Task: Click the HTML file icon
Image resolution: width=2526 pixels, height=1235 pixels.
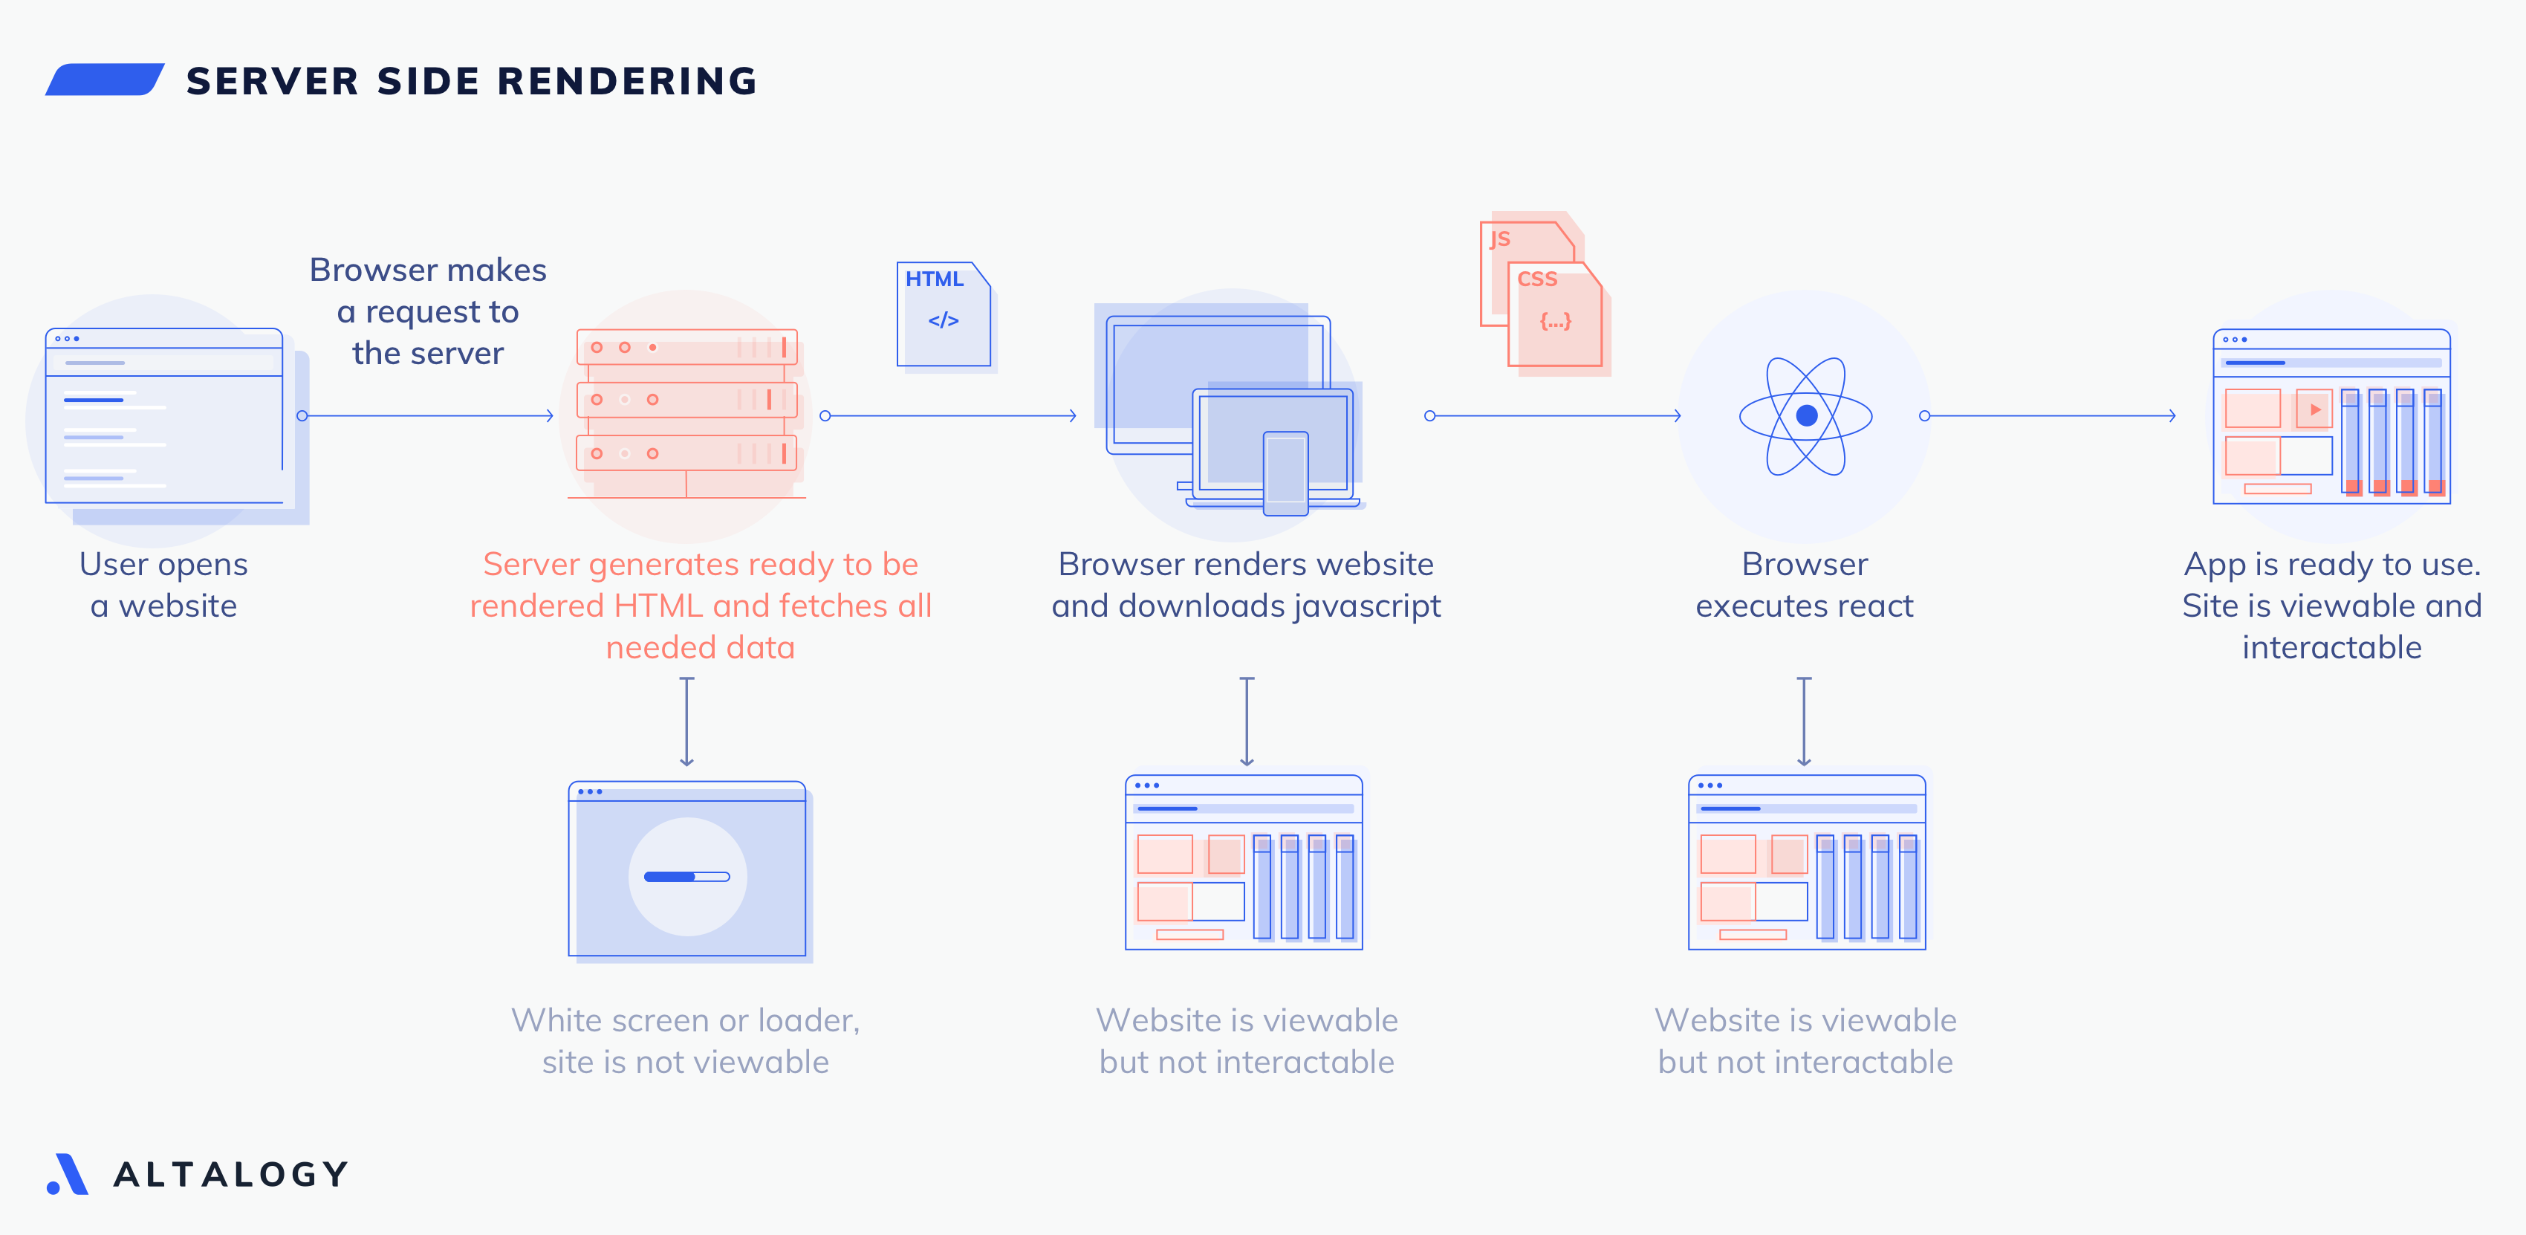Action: click(944, 314)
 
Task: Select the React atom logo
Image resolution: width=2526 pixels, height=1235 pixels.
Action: click(1805, 416)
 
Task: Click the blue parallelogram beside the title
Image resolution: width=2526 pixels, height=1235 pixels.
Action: click(105, 80)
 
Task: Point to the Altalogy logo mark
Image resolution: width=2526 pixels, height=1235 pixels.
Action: click(67, 1174)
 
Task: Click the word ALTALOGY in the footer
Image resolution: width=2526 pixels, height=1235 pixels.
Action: click(231, 1174)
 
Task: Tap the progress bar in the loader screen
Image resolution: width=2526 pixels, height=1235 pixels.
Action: click(686, 876)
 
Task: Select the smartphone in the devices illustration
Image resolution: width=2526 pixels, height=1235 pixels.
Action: click(1285, 472)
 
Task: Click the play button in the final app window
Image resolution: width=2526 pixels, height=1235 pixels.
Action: click(2314, 409)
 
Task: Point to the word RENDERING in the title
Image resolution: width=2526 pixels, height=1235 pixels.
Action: click(628, 80)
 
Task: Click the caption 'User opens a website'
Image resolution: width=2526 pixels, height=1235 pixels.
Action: click(163, 585)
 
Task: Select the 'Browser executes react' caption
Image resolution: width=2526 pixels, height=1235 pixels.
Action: click(1805, 585)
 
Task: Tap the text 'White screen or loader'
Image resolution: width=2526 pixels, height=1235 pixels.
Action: click(686, 1020)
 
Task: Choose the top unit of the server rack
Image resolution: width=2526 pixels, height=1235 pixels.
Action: click(686, 347)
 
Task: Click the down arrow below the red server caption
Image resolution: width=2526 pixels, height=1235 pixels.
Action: click(686, 721)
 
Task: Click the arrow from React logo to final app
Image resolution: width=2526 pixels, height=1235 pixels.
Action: click(2050, 416)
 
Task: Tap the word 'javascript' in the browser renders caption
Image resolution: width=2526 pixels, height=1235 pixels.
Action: click(1367, 606)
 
